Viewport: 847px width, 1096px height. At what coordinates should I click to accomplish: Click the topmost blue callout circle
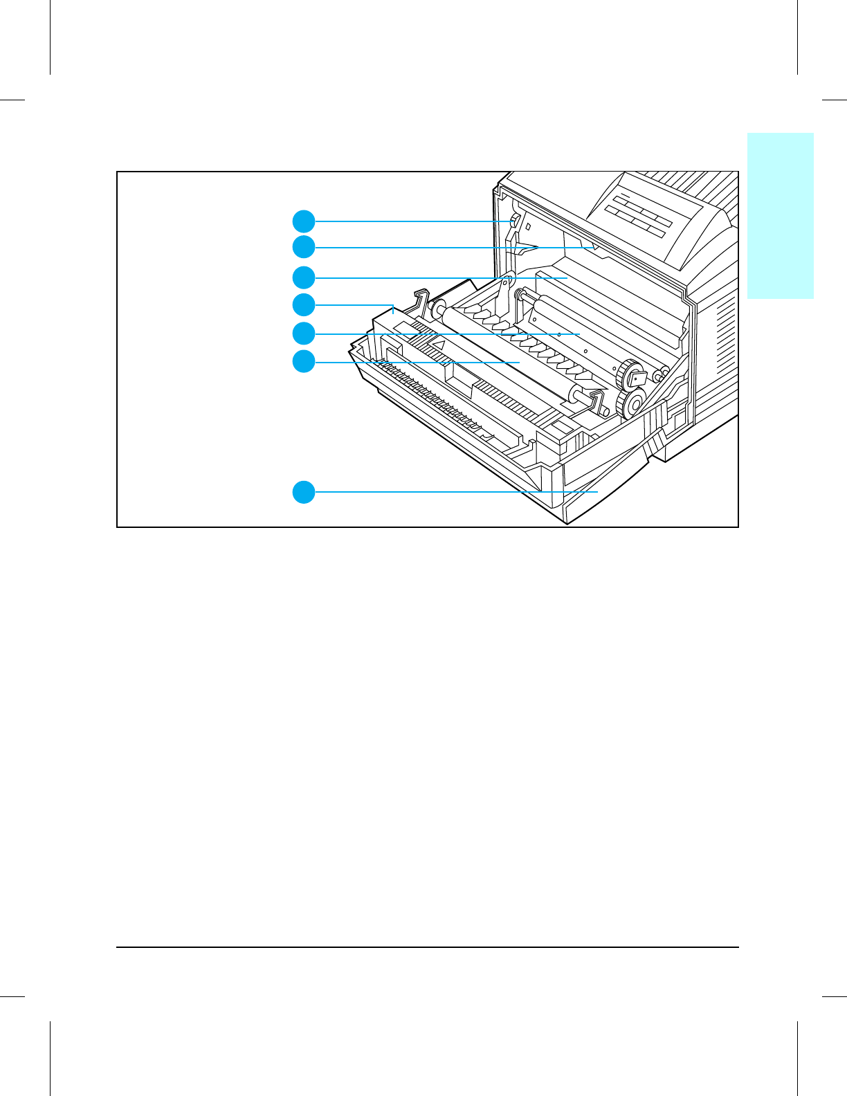tap(304, 221)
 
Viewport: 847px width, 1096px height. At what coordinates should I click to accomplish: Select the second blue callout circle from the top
tap(304, 247)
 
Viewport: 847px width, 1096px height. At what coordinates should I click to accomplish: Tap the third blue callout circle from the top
tap(304, 277)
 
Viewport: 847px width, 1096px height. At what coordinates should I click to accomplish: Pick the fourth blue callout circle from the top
tap(304, 304)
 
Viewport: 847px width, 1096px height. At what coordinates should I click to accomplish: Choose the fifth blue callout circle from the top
tap(304, 334)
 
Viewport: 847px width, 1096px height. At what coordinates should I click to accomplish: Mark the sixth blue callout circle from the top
tap(304, 361)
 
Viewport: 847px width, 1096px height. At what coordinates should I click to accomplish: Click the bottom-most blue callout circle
tap(304, 492)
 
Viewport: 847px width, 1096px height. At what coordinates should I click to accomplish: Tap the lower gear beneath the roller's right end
tap(631, 403)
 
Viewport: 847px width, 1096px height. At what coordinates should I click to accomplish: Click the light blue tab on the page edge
tap(781, 215)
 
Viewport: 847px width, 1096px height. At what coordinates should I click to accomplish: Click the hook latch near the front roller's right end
tap(597, 401)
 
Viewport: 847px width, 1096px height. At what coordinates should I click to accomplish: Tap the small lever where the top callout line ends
tap(514, 222)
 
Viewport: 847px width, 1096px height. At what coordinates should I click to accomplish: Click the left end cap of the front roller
tap(437, 309)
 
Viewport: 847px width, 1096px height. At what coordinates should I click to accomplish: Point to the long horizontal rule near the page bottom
tap(428, 947)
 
